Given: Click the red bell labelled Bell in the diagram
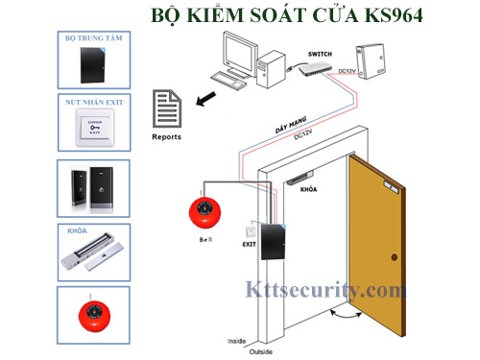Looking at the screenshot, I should tap(204, 213).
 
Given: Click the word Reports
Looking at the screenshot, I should tap(167, 136).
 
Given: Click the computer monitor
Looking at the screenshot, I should tap(238, 49).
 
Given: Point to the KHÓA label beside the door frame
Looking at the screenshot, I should tap(309, 190).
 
